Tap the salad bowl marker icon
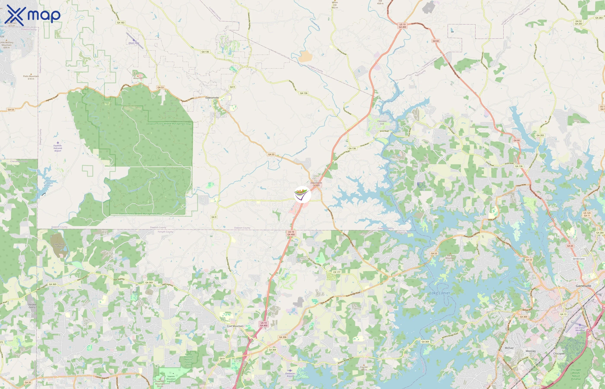[x=302, y=194]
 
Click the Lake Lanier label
[x=440, y=293]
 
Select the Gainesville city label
[x=583, y=286]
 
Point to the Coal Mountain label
[x=235, y=326]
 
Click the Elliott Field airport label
[x=134, y=43]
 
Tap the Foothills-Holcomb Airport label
[x=57, y=148]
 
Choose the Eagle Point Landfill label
[x=59, y=245]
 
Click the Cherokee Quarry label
[x=32, y=306]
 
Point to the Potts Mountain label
[x=31, y=77]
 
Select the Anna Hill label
[x=138, y=78]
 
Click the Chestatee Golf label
[x=382, y=122]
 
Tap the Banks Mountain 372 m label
[x=450, y=258]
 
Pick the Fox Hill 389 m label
[x=364, y=368]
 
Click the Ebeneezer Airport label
[x=290, y=375]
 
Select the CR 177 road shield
[x=337, y=272]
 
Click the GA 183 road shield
[x=121, y=23]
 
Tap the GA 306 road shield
[x=283, y=337]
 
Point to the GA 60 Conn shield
[x=578, y=259]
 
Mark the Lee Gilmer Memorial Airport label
[x=580, y=330]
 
